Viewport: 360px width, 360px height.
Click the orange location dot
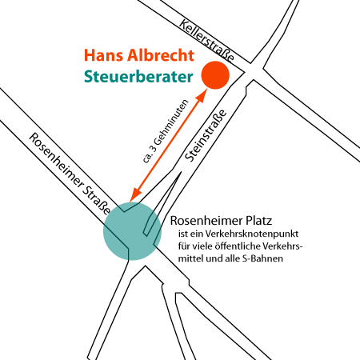215,75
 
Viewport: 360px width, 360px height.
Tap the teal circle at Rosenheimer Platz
132,231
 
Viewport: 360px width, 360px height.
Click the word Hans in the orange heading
104,55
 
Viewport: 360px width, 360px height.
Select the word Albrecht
161,55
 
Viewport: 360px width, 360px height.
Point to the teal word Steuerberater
138,77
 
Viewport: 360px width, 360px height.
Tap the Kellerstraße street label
206,41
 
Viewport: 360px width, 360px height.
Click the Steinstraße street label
206,135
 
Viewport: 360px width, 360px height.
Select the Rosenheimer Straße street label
70,174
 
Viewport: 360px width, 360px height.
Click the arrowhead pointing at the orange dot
202,95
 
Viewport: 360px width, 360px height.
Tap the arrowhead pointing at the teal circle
135,195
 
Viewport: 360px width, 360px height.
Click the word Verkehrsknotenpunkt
252,234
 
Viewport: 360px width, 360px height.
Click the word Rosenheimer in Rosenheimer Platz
206,221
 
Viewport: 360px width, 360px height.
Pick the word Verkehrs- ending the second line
283,246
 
